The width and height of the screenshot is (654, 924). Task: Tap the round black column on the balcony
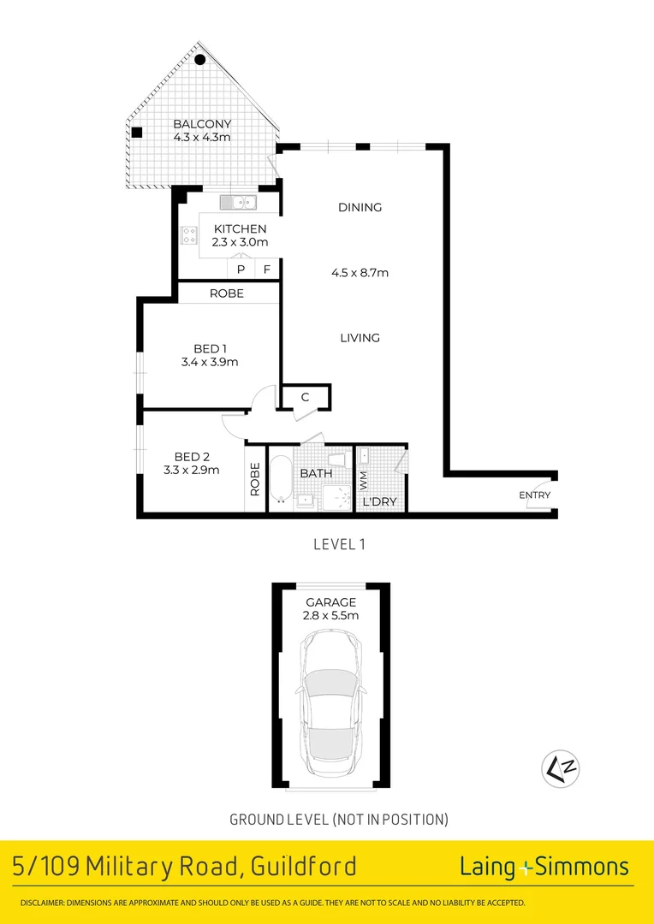pyautogui.click(x=199, y=60)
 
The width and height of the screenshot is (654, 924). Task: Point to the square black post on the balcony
pyautogui.click(x=136, y=132)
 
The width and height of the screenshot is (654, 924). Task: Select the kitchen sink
pyautogui.click(x=238, y=202)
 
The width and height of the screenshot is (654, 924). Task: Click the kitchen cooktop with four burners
pyautogui.click(x=189, y=234)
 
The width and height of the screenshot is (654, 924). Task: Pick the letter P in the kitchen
pyautogui.click(x=241, y=269)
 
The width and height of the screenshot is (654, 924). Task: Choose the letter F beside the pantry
pyautogui.click(x=267, y=269)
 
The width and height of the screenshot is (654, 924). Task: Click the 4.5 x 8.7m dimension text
pyautogui.click(x=360, y=273)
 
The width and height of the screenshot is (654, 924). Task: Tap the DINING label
pyautogui.click(x=360, y=207)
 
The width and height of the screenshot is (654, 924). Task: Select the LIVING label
pyautogui.click(x=360, y=338)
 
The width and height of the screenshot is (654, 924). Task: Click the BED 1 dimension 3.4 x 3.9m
pyautogui.click(x=210, y=362)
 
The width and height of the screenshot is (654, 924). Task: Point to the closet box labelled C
pyautogui.click(x=306, y=397)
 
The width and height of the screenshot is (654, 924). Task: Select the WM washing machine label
pyautogui.click(x=363, y=481)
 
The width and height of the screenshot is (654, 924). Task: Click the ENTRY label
pyautogui.click(x=534, y=495)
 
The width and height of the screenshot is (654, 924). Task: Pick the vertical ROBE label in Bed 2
pyautogui.click(x=255, y=480)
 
